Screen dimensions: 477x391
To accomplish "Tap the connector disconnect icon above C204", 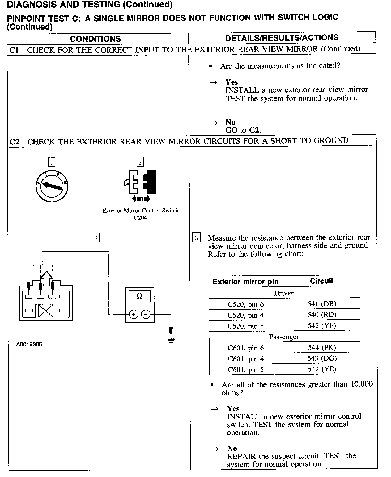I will coord(140,184).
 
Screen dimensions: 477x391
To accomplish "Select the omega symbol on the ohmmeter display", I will coord(139,296).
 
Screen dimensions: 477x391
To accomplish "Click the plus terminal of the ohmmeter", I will coord(133,315).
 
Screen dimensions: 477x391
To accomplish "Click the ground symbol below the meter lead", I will coord(171,340).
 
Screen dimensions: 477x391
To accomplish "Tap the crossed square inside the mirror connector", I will coord(46,311).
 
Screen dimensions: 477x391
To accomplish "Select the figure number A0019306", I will coord(29,344).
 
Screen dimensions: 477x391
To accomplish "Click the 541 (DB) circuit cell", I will coord(322,304).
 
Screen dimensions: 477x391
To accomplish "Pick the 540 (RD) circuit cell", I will coord(322,315).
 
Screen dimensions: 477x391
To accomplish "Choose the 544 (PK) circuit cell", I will coord(322,348).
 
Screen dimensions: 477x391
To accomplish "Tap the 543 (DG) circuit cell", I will coord(322,358).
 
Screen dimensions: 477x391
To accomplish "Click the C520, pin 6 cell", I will coord(246,304).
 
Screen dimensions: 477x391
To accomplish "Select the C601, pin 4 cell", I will coord(246,359).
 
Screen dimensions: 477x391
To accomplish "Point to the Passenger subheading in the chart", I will coord(284,337).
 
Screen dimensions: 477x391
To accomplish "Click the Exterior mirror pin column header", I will coord(245,282).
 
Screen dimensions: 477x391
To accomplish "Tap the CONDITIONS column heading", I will coord(95,39).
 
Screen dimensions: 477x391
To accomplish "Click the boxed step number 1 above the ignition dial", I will coord(52,162).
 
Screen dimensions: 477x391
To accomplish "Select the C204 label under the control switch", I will coord(140,218).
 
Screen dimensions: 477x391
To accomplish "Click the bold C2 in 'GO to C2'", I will coord(255,130).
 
